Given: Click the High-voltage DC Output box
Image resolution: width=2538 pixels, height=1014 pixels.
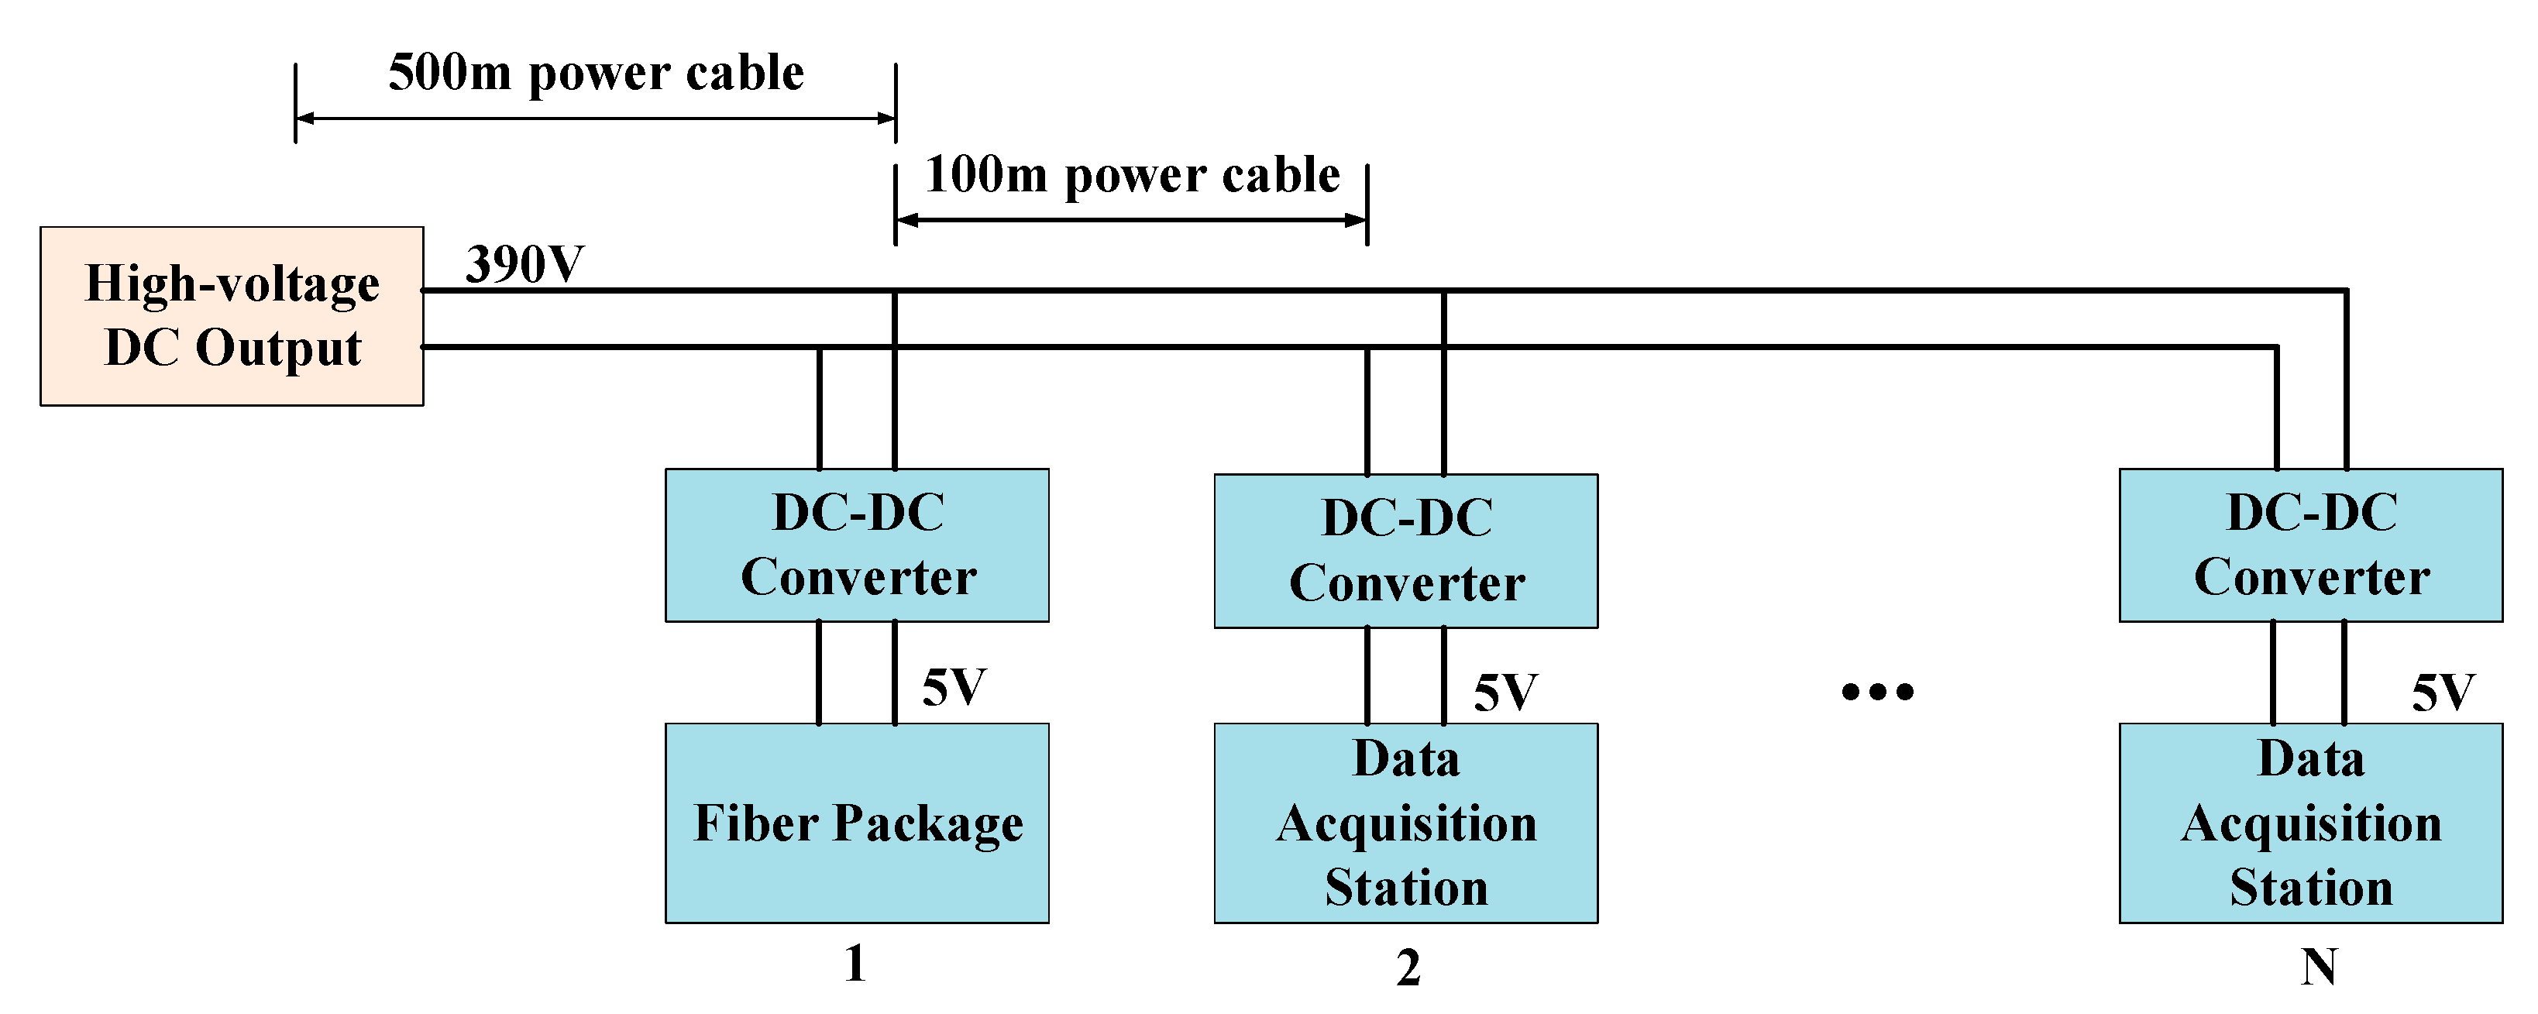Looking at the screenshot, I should pyautogui.click(x=232, y=315).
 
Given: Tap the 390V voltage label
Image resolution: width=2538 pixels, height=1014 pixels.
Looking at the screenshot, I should pyautogui.click(x=524, y=264).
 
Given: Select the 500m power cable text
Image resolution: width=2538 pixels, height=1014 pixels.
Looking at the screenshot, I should pyautogui.click(x=596, y=73).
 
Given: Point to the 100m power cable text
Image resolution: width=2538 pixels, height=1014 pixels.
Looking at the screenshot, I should pyautogui.click(x=1132, y=175).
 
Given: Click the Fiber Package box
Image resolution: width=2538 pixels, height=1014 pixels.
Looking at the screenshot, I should pyautogui.click(x=857, y=823).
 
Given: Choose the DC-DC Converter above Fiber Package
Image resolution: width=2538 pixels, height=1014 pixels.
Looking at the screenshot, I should pyautogui.click(x=857, y=545).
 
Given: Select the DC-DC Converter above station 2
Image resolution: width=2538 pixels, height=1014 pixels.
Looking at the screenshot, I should pyautogui.click(x=1406, y=551).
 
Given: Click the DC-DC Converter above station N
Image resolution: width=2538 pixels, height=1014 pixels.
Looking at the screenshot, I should pyautogui.click(x=2310, y=545).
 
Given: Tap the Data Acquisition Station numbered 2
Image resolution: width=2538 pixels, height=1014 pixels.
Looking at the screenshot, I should pyautogui.click(x=1406, y=823).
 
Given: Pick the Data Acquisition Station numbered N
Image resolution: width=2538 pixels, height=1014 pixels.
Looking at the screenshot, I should pyautogui.click(x=2310, y=823).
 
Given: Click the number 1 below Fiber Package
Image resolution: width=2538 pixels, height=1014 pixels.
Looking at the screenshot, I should pyautogui.click(x=855, y=964).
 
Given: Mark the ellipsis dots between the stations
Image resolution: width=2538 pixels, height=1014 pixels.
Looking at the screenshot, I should pyautogui.click(x=1878, y=692).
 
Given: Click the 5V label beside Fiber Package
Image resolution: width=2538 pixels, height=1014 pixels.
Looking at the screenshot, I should pyautogui.click(x=954, y=687).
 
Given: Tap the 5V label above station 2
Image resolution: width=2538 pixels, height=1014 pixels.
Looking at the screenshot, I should pyautogui.click(x=1505, y=693).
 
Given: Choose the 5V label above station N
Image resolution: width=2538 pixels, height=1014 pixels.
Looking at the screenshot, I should pyautogui.click(x=2443, y=693).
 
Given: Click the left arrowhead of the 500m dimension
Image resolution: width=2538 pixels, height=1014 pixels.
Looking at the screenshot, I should pyautogui.click(x=304, y=119).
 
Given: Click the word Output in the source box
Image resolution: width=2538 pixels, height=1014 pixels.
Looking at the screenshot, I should pyautogui.click(x=278, y=348).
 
